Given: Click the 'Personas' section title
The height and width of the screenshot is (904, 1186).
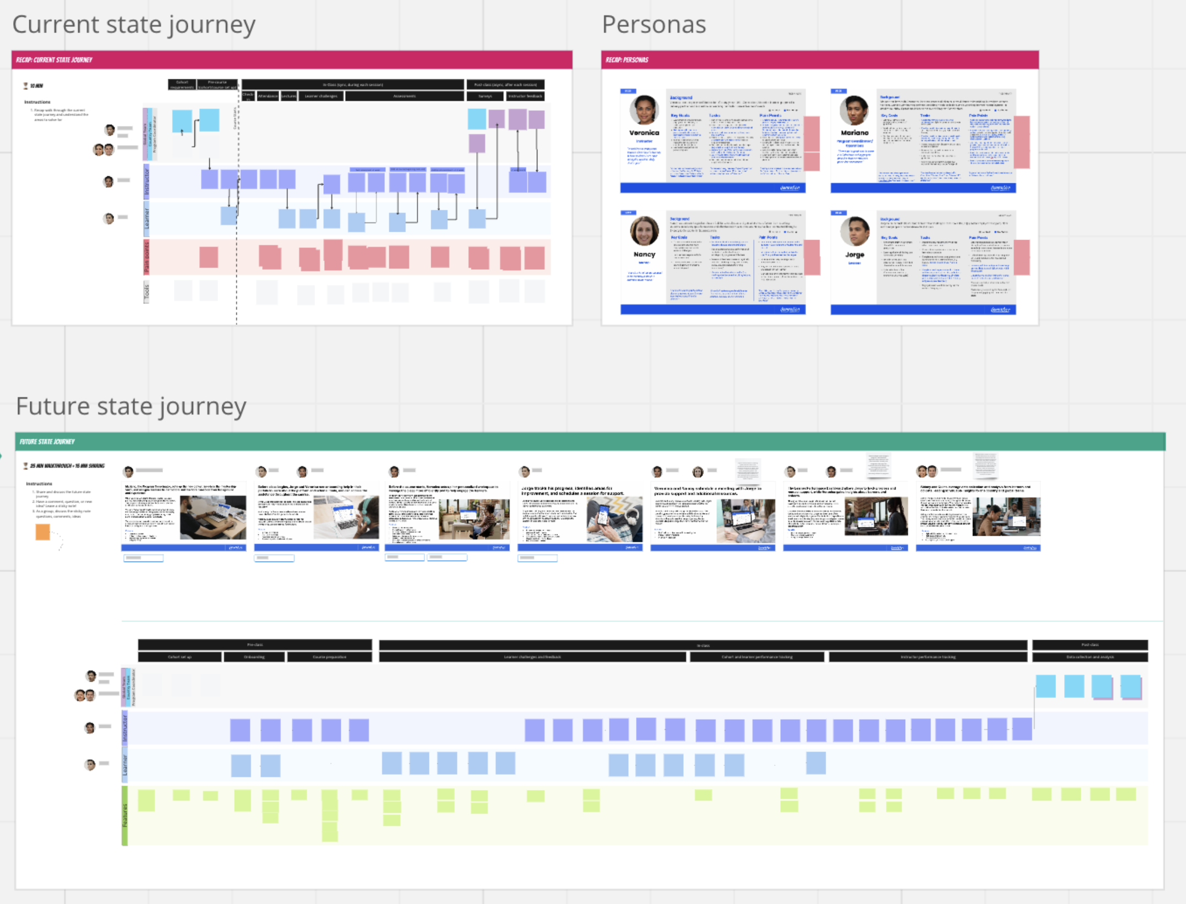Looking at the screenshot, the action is click(x=654, y=25).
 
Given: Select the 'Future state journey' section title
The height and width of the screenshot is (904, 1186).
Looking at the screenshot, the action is click(x=131, y=406).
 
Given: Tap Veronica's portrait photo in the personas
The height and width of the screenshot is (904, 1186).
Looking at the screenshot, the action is click(x=644, y=110).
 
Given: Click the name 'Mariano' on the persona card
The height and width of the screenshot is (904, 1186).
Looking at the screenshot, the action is click(x=855, y=133).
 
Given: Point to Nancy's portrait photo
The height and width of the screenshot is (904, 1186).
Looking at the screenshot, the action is click(x=644, y=231).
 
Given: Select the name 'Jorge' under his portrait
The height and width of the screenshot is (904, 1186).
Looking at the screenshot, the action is click(x=855, y=254).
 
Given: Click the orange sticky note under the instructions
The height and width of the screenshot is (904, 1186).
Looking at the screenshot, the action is click(x=42, y=532).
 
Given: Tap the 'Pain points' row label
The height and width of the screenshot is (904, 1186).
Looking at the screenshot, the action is click(x=146, y=257).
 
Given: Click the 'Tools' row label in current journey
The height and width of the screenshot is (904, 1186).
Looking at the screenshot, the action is click(x=146, y=292).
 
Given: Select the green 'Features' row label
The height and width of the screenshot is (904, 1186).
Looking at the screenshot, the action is click(x=125, y=815).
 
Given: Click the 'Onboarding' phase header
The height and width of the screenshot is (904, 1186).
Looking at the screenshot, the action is click(x=254, y=657).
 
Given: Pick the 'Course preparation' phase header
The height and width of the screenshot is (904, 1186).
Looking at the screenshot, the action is click(x=329, y=657).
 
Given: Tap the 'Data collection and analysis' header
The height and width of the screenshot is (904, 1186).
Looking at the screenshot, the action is click(x=1090, y=657).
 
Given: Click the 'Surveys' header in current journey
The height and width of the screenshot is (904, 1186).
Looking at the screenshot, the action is click(x=485, y=96).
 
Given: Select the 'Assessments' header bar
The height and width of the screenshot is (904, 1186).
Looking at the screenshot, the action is click(x=404, y=96).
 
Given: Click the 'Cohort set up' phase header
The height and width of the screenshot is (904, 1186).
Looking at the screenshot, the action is click(x=179, y=657).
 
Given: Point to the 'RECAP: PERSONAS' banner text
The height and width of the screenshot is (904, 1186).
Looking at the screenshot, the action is click(x=627, y=60).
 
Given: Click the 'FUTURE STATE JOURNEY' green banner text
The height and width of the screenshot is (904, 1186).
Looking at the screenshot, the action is click(x=47, y=442).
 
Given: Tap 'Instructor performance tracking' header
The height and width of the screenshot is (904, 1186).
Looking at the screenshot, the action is click(x=928, y=657).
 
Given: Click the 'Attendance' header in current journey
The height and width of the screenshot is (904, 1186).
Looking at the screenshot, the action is click(x=268, y=96).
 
